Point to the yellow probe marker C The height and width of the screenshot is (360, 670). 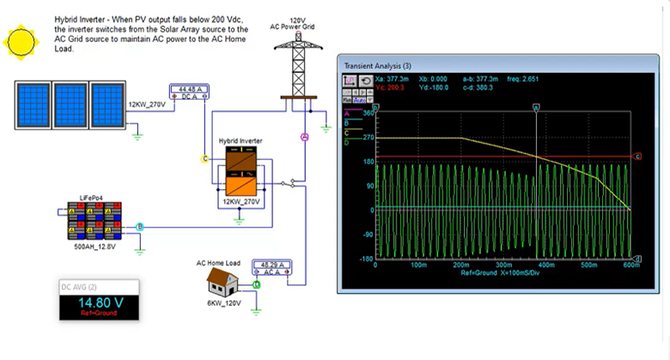tap(204, 158)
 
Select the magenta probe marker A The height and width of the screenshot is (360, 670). tap(303, 137)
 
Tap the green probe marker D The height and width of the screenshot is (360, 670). tap(256, 284)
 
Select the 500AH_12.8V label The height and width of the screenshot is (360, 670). tap(93, 246)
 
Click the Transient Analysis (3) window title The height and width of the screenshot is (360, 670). tap(378, 66)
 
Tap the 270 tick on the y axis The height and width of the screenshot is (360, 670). tap(370, 137)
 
